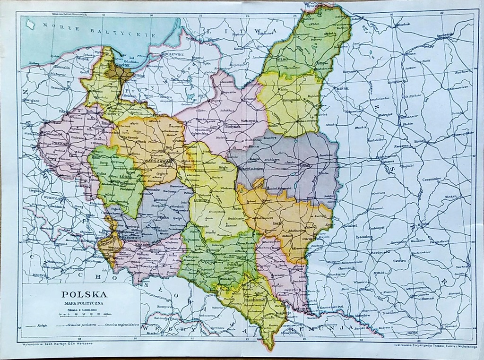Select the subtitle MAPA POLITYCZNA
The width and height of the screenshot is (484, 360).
(85, 302)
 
